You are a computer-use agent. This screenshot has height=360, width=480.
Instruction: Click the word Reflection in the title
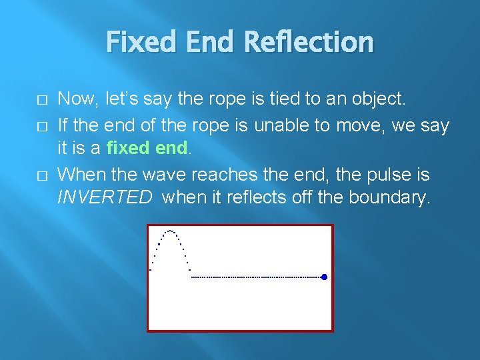[309, 42]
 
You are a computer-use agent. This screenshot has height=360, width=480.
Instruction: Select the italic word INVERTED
[105, 198]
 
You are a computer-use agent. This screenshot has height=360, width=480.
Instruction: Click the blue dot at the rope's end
[324, 277]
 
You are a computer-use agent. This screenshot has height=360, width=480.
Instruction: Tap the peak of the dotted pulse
[171, 231]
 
